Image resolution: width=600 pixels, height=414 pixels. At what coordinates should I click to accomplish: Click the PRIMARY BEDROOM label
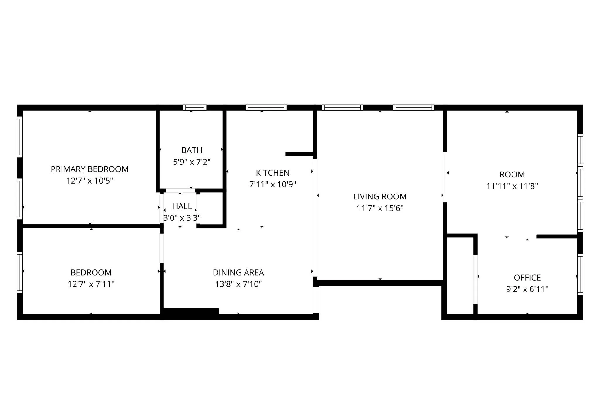point(90,169)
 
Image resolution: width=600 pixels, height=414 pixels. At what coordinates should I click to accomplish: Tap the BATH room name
point(192,150)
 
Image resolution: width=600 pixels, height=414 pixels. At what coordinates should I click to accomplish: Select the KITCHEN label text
point(272,173)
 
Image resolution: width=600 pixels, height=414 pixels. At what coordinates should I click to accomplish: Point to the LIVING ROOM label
point(380,196)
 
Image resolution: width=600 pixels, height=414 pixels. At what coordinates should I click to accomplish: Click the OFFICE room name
point(527,278)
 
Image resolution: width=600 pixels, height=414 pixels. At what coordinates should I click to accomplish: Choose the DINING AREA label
point(238,273)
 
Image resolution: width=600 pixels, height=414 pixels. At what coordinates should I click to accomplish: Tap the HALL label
point(182,206)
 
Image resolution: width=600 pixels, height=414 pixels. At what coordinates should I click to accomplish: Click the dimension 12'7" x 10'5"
point(90,181)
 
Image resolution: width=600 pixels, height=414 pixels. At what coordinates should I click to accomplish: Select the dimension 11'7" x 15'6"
point(380,208)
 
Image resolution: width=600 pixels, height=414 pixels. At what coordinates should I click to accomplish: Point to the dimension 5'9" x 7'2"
point(192,162)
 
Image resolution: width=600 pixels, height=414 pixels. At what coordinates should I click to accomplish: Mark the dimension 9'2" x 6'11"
point(527,289)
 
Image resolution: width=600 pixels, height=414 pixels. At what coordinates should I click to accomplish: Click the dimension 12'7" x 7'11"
point(91,284)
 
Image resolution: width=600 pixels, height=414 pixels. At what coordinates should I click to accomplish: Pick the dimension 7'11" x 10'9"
point(272,185)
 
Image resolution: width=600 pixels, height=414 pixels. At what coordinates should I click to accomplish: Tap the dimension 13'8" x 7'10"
point(238,284)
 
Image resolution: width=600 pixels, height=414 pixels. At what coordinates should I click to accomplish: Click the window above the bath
point(195,108)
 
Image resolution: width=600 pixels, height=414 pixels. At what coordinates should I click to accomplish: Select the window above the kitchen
point(266,108)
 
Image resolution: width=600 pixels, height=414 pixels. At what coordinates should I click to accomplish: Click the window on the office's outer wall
point(580,274)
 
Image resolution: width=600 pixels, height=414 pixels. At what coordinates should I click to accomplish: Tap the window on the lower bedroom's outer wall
point(20,273)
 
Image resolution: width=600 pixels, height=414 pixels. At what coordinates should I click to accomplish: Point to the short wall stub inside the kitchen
point(299,154)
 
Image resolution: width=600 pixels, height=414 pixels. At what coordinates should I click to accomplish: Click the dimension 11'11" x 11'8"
point(512,186)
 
